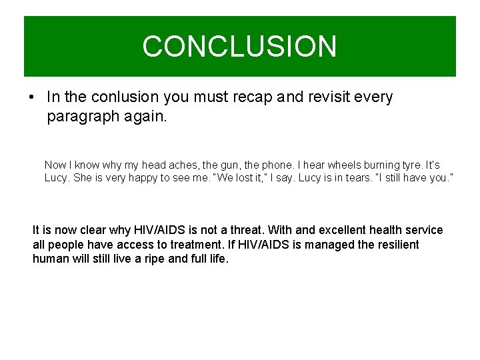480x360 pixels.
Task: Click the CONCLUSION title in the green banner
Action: tap(239, 47)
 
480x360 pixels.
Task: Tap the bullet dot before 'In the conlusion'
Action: tap(31, 97)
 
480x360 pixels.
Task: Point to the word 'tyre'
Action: tap(413, 165)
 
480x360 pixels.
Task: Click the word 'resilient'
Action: tap(395, 245)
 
